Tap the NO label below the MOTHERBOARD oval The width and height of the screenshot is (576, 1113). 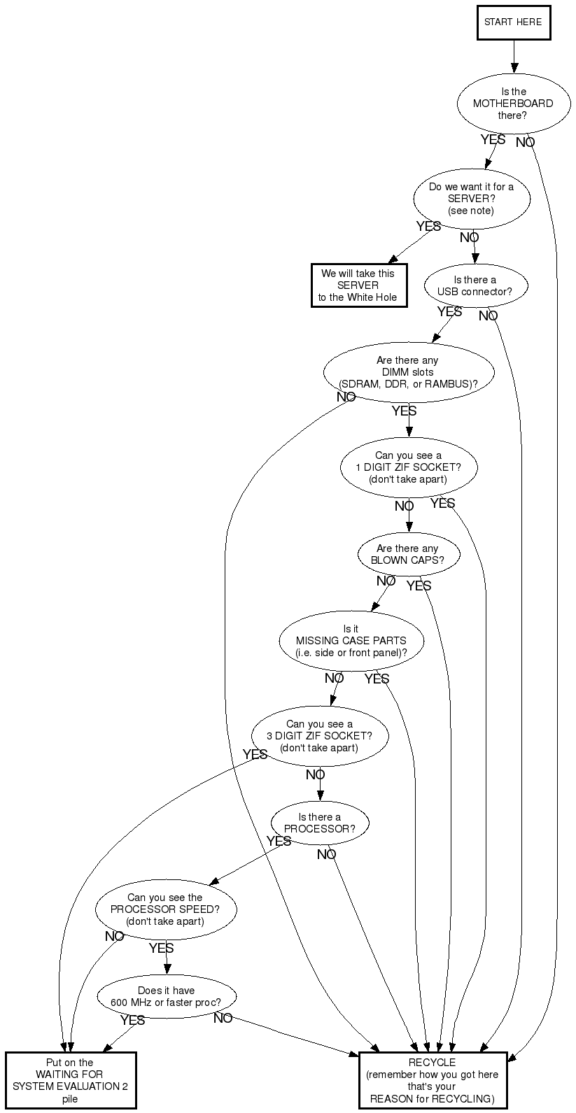(x=526, y=143)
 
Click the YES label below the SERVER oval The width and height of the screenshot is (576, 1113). (x=428, y=226)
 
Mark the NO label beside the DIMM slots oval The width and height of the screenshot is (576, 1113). (x=346, y=397)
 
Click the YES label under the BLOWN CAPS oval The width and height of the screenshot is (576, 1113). (x=419, y=586)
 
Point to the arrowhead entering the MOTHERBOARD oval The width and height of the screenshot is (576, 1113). (x=514, y=69)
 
